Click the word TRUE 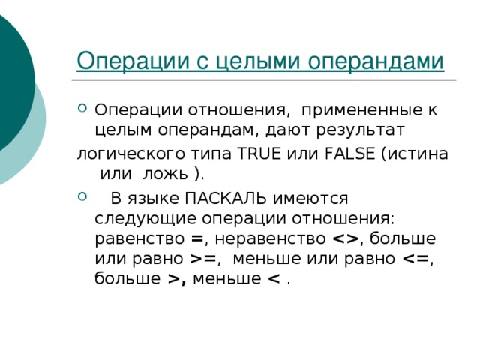pyautogui.click(x=259, y=153)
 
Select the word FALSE pyautogui.click(x=349, y=153)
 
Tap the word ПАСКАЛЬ pyautogui.click(x=226, y=198)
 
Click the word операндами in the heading pyautogui.click(x=376, y=61)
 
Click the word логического pyautogui.click(x=131, y=154)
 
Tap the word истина pyautogui.click(x=418, y=154)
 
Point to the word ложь pyautogui.click(x=165, y=174)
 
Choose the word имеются pyautogui.click(x=310, y=199)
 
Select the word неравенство pyautogui.click(x=270, y=238)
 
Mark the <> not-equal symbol pyautogui.click(x=345, y=239)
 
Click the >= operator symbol pyautogui.click(x=202, y=259)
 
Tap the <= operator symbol pyautogui.click(x=415, y=259)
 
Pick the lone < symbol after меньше pyautogui.click(x=274, y=279)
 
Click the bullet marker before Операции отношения pyautogui.click(x=82, y=108)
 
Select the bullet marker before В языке pyautogui.click(x=82, y=196)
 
